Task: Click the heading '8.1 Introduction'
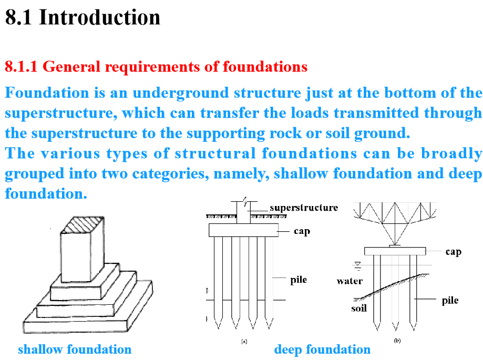point(83,17)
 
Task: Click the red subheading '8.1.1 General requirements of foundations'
point(156,67)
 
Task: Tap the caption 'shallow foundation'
point(75,349)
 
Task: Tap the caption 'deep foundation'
point(322,349)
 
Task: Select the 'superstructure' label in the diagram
point(304,208)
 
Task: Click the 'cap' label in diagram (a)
point(302,231)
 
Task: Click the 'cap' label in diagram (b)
point(453,252)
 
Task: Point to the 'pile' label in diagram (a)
point(299,280)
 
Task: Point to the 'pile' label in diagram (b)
point(450,301)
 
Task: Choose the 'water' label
point(350,281)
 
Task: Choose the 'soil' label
point(359,308)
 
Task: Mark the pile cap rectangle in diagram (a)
point(243,230)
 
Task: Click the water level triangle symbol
point(357,264)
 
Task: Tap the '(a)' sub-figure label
point(244,341)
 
